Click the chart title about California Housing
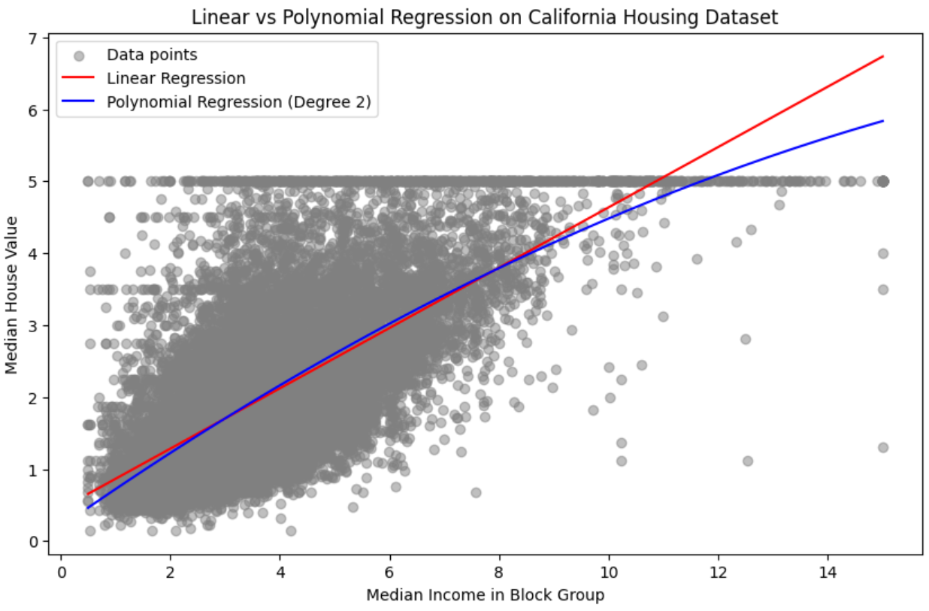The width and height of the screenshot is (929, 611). [485, 17]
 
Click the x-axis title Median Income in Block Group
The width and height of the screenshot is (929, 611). [485, 595]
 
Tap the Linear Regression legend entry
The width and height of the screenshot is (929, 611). [176, 78]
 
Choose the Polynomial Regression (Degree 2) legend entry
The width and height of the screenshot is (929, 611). [239, 102]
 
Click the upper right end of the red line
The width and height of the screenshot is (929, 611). [882, 56]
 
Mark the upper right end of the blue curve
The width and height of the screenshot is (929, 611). [882, 121]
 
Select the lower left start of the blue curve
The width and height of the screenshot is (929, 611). [88, 508]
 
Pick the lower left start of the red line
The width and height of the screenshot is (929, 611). [88, 495]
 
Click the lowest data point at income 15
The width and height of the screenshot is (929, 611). [882, 447]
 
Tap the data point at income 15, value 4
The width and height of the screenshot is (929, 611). [882, 253]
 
